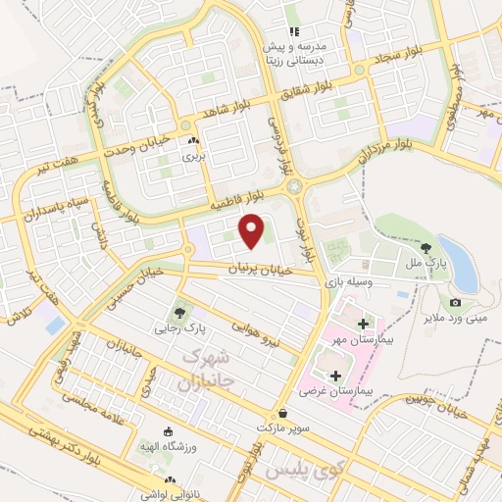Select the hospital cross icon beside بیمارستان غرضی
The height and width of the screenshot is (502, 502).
coord(336,375)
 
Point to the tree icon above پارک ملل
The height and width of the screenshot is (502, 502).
coord(426,247)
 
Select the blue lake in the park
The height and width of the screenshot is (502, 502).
coord(458,262)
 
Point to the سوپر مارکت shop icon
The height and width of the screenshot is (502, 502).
coord(283,414)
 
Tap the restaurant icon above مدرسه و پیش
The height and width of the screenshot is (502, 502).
coord(291,16)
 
